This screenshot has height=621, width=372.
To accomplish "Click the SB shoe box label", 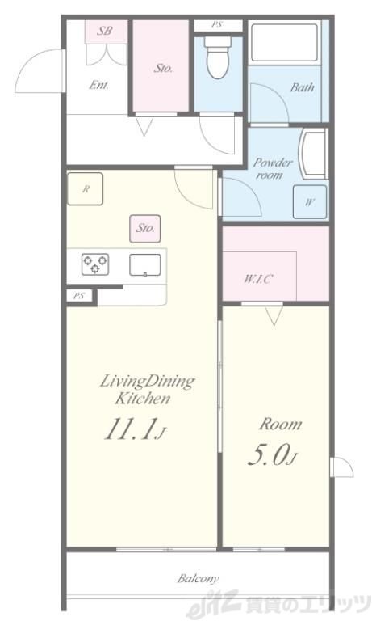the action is (x=105, y=30).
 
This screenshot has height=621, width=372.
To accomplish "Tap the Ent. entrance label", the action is (x=98, y=85).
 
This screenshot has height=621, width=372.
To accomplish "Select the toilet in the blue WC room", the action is (x=217, y=58).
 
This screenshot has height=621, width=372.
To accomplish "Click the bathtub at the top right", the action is (x=284, y=43).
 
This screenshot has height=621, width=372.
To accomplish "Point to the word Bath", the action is (x=303, y=87).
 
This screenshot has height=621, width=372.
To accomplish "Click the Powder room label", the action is (x=272, y=168).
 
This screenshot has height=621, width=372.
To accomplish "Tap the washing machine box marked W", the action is (x=310, y=202).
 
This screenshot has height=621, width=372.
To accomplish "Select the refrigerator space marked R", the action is (x=85, y=189).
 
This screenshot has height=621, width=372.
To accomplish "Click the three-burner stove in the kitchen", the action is (x=95, y=264).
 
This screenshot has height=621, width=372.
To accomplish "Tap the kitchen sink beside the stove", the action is (x=145, y=265).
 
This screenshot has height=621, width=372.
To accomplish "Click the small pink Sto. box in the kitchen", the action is (x=145, y=229).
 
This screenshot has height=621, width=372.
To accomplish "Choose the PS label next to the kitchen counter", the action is (x=79, y=296).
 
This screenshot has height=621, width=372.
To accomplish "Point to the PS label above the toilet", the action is (x=216, y=25).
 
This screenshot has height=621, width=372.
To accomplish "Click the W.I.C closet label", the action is (x=257, y=279).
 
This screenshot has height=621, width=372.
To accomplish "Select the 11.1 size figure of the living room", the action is (x=136, y=429).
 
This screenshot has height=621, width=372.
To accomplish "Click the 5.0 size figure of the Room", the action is (x=272, y=455).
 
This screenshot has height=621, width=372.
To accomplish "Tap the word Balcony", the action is (x=198, y=579).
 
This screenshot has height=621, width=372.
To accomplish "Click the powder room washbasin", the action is (x=313, y=153).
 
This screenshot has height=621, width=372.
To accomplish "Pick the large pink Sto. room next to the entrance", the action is (x=161, y=65).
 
